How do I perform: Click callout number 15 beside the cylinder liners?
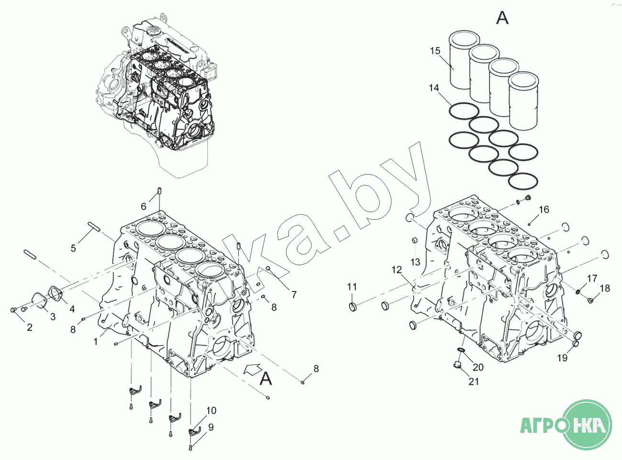tap(435, 51)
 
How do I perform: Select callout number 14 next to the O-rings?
tap(434, 88)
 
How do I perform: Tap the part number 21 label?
tap(474, 381)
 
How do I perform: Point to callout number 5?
tap(73, 248)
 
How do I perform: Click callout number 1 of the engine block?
tap(96, 342)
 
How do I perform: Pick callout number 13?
tap(415, 262)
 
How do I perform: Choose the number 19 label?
tap(562, 358)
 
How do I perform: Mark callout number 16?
tap(544, 209)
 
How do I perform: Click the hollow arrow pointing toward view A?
tap(253, 369)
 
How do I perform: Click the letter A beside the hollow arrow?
tap(266, 379)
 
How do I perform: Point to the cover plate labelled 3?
tap(38, 300)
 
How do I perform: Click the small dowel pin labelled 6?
tap(159, 191)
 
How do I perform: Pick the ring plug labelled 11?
tap(353, 307)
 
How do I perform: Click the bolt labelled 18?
tap(590, 301)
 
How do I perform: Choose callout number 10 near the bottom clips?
tap(212, 411)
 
